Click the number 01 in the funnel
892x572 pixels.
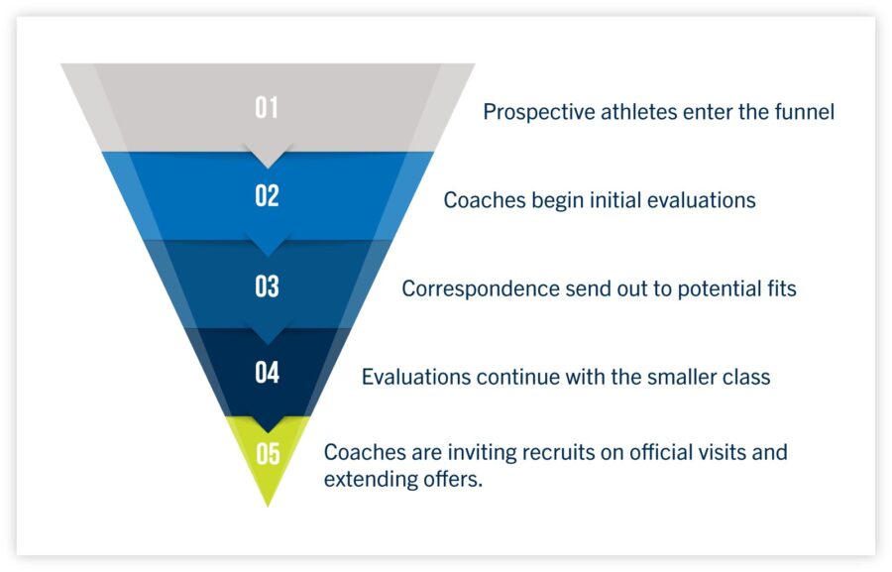coord(267,107)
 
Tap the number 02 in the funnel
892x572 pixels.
coord(267,195)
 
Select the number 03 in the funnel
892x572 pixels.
coord(267,286)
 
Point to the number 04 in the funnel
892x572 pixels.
coord(267,373)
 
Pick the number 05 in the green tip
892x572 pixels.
coord(268,454)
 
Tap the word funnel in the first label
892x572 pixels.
coord(803,112)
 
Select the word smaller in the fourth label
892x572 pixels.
coord(677,378)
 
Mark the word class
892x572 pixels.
coord(746,378)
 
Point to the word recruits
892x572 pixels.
coord(563,453)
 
